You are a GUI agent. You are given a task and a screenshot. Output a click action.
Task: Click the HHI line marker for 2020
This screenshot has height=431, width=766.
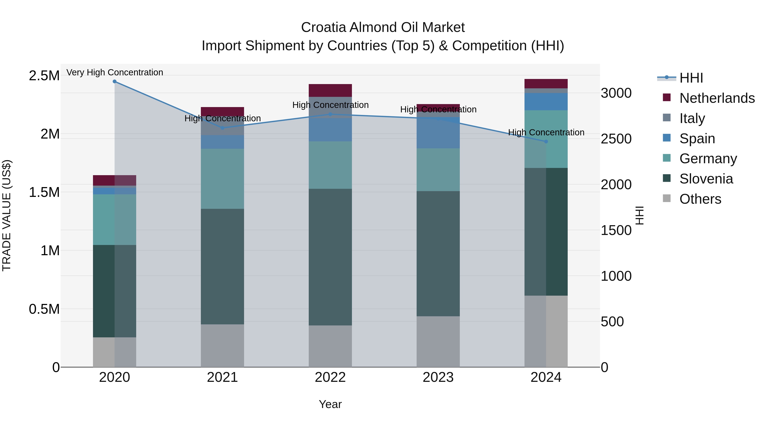pos(114,82)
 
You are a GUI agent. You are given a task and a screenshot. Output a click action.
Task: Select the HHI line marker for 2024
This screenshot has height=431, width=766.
pos(546,142)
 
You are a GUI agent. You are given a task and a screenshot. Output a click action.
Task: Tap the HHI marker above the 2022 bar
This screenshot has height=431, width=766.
pos(330,114)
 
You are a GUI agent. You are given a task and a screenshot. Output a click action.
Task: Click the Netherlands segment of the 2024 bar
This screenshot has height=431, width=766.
pos(546,84)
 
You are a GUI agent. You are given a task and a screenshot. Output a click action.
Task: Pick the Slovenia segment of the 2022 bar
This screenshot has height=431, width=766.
pos(330,257)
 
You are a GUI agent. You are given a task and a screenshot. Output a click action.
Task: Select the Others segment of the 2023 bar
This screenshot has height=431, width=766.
pos(438,341)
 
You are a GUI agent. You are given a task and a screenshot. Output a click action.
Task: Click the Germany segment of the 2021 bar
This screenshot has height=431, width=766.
pos(222,179)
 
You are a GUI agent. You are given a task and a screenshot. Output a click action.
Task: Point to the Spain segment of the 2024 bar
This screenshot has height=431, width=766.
pos(546,102)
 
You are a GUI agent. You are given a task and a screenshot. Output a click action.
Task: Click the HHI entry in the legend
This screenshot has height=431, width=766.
pos(691,78)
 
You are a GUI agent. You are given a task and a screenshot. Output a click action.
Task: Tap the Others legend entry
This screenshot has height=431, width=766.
pos(700,199)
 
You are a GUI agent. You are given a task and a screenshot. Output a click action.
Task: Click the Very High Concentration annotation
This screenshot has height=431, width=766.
pos(114,73)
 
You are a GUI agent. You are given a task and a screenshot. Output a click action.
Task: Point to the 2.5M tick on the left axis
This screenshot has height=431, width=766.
pos(44,76)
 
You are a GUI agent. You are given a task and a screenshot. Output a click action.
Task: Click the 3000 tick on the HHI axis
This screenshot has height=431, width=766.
pos(616,93)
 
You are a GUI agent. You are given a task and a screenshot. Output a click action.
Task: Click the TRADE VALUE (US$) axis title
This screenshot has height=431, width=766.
pos(7,215)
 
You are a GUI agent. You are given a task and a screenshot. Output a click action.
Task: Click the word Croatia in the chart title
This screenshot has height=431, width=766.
pos(323,27)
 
